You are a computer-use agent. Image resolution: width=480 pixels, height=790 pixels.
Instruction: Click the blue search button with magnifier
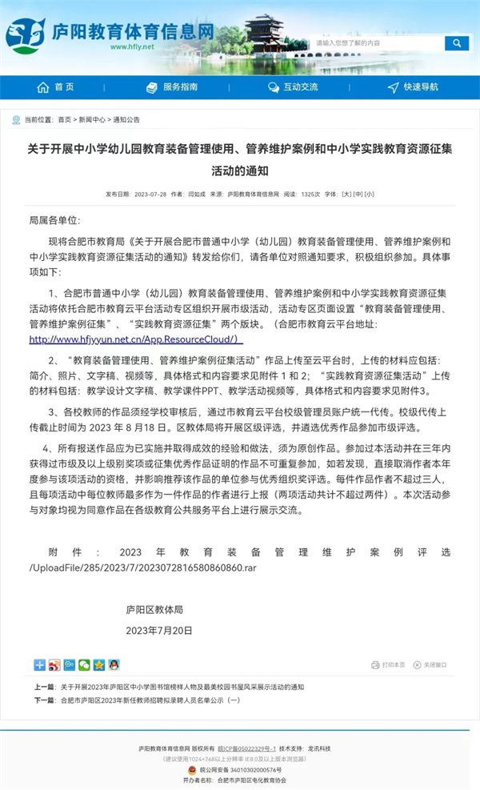click(457, 43)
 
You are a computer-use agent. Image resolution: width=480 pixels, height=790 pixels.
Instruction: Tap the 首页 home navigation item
click(55, 87)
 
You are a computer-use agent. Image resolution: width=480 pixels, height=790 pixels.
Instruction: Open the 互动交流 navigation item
click(293, 87)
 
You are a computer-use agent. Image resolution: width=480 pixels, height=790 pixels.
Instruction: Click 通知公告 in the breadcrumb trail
click(126, 120)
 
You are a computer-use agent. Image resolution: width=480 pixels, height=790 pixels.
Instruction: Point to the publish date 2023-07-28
click(150, 194)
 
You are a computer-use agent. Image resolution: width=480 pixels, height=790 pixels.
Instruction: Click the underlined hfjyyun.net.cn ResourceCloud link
click(135, 339)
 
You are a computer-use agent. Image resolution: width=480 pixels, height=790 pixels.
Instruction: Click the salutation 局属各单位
click(55, 220)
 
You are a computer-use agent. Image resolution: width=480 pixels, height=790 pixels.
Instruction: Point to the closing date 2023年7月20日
click(159, 631)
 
